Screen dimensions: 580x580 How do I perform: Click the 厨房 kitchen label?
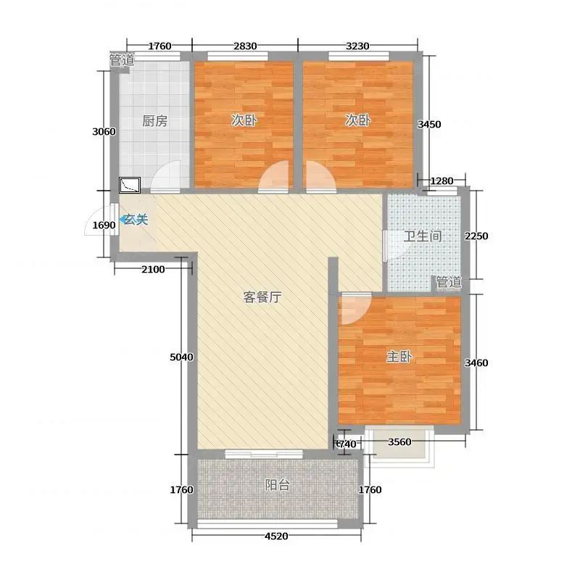154,121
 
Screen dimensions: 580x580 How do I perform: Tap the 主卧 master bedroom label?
399,357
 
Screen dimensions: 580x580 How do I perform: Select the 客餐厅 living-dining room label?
262,297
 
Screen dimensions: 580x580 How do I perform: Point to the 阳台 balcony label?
277,484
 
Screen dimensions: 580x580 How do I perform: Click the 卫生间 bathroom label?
423,236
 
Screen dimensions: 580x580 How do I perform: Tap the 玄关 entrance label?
136,220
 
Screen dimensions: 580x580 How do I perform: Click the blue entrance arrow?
122,220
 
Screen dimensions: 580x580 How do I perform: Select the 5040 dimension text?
181,357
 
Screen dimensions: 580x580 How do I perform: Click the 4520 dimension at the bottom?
276,536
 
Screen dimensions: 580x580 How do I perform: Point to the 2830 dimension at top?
245,46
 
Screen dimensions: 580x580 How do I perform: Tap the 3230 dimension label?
357,46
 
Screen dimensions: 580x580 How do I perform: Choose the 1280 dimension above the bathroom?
442,181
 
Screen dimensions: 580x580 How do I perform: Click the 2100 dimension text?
153,269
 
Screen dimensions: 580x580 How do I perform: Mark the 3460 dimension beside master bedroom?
476,363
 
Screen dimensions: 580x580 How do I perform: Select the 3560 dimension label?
399,442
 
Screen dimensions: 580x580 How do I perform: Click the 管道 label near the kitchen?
122,59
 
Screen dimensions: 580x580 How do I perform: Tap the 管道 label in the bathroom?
449,282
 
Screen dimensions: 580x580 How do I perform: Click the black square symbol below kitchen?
130,185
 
